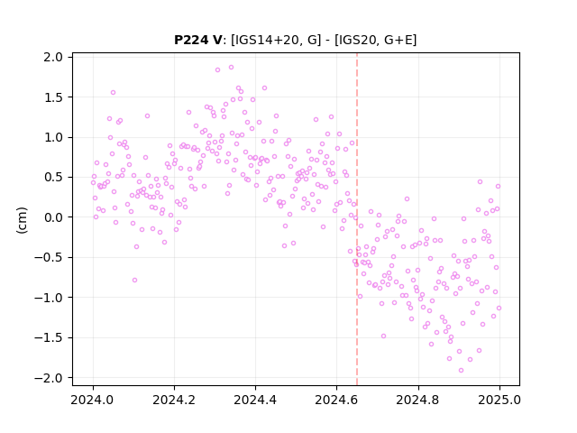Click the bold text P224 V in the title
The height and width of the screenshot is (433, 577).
[x=197, y=40]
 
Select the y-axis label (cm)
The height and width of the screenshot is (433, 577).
[x=22, y=220]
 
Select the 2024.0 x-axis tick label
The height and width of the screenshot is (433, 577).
[x=93, y=400]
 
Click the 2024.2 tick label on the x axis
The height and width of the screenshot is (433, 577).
[x=174, y=400]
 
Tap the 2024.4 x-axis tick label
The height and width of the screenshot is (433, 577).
[x=255, y=400]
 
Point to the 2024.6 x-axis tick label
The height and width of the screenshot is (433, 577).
[x=336, y=400]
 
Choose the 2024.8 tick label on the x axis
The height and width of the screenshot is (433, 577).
[x=418, y=400]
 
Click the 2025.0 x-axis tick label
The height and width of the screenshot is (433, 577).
[x=499, y=400]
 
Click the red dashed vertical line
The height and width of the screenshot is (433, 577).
[x=357, y=219]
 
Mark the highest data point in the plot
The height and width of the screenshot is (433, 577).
[x=231, y=68]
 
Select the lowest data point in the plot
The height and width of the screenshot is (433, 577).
[x=461, y=371]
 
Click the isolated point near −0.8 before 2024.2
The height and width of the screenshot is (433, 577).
[x=134, y=281]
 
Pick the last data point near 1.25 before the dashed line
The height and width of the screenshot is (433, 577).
[x=331, y=116]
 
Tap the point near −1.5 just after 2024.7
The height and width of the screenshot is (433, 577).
[x=383, y=336]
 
